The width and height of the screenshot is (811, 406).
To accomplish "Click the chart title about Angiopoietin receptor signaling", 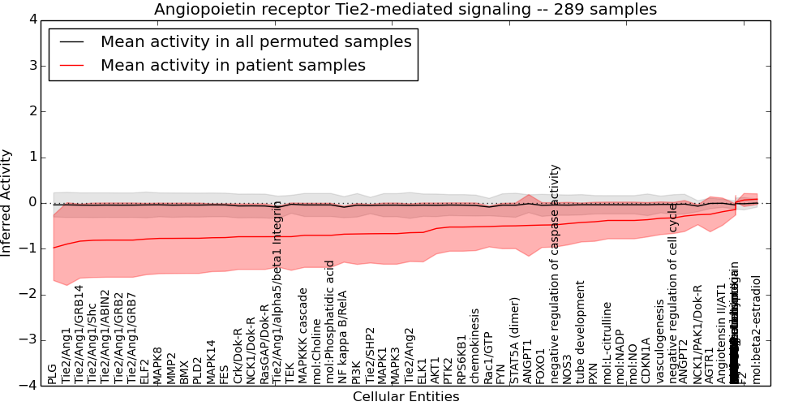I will [405, 9].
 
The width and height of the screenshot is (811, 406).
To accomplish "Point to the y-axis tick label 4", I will [32, 19].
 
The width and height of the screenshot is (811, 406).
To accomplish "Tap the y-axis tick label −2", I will [29, 294].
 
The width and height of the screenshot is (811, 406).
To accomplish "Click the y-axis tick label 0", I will [32, 202].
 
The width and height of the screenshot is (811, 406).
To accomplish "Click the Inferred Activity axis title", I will [7, 202].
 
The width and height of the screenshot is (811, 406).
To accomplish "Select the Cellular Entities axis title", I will [405, 397].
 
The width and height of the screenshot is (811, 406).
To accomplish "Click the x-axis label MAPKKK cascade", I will [303, 336].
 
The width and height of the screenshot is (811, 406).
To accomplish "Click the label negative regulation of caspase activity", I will [554, 274].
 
